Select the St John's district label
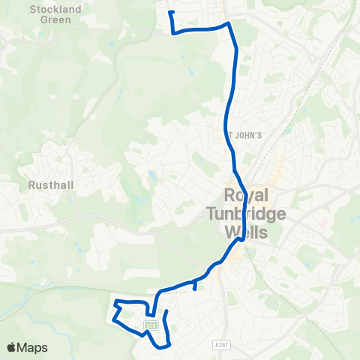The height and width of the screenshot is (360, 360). click(x=244, y=136)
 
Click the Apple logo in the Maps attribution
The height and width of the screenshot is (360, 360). click(x=13, y=347)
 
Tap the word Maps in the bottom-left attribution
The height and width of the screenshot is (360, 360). click(x=34, y=347)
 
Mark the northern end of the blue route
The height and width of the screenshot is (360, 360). click(x=171, y=12)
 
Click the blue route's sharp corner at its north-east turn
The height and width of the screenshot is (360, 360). click(x=228, y=23)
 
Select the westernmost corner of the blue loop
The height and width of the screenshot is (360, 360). click(x=113, y=320)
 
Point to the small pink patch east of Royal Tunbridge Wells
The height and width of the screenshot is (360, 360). click(x=325, y=221)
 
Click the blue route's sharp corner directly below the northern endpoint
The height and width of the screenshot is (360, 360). click(x=173, y=33)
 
